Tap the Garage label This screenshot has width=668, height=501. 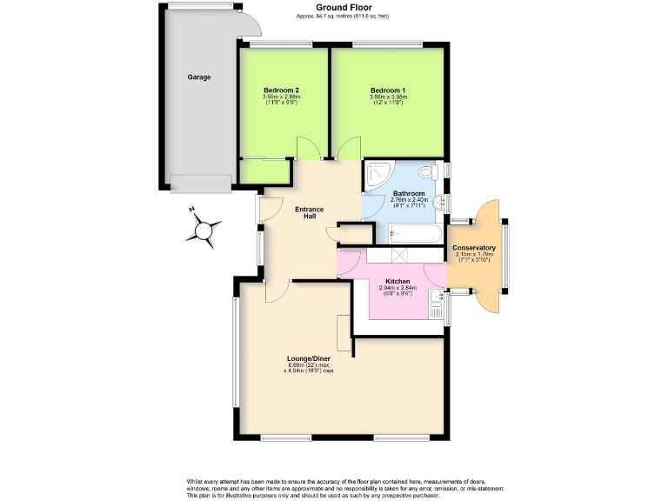[199, 77]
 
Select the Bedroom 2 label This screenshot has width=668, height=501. [282, 90]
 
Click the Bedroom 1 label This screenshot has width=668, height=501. [387, 90]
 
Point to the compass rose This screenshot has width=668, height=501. [206, 231]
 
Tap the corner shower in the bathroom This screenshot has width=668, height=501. [378, 175]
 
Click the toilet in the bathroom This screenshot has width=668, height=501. [428, 171]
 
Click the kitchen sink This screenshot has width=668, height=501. [436, 304]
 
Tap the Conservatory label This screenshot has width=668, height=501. [474, 248]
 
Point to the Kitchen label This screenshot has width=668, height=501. [397, 282]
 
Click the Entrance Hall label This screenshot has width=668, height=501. [309, 212]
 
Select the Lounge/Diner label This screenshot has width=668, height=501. [309, 357]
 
